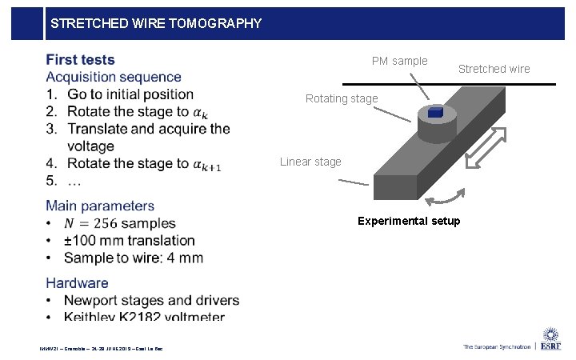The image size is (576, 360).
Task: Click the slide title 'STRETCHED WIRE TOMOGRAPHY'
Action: (155, 23)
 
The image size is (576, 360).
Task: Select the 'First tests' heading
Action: (80, 60)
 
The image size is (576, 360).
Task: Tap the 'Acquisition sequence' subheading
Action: (114, 78)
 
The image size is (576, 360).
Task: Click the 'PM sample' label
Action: (399, 62)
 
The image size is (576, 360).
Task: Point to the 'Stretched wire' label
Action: (494, 69)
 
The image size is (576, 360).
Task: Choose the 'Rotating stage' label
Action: (342, 99)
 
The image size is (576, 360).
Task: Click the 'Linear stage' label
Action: (310, 162)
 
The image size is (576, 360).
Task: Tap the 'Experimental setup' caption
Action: (409, 221)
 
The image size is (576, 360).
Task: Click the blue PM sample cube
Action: (435, 113)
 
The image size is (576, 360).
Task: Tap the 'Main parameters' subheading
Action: (100, 206)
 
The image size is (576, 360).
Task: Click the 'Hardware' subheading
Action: (77, 283)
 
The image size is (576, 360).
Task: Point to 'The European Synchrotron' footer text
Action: (496, 346)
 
